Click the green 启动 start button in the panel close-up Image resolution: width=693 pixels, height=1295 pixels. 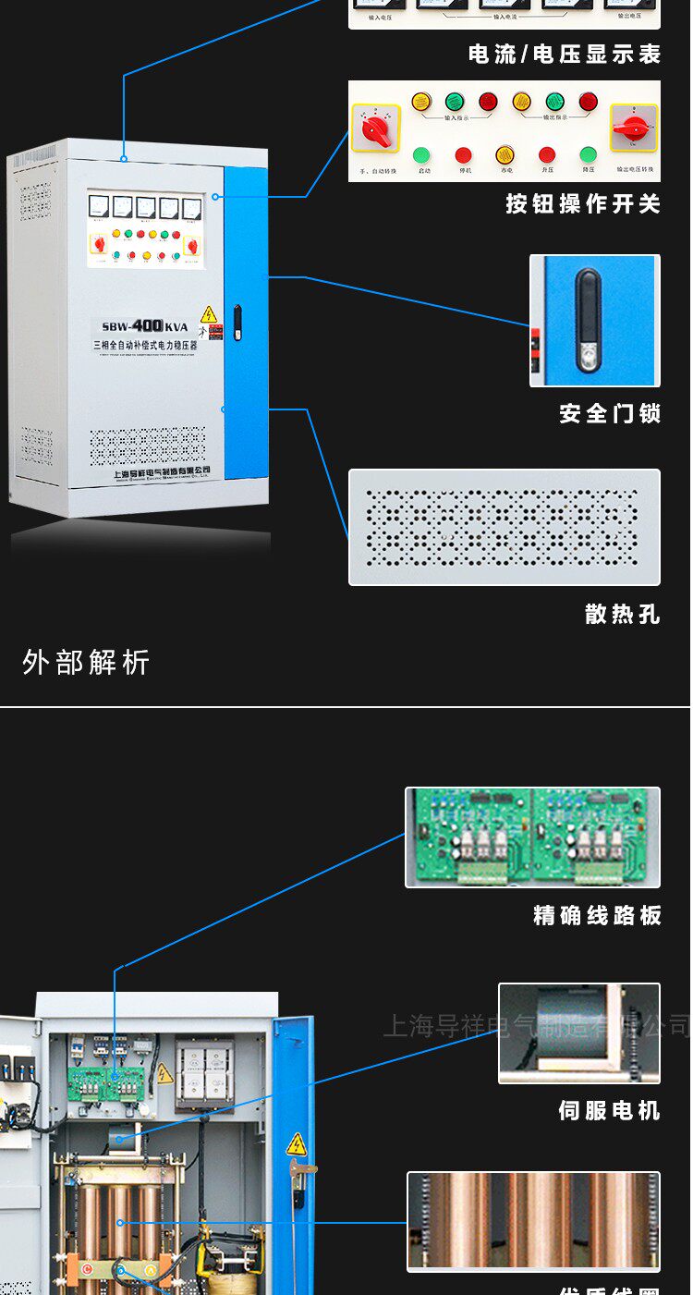point(421,155)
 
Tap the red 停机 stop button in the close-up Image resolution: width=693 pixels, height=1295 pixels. point(463,155)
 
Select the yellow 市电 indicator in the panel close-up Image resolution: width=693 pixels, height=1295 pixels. point(505,155)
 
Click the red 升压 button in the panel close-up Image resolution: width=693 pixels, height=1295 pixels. point(547,155)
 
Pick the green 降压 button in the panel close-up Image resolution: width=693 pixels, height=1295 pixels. point(589,155)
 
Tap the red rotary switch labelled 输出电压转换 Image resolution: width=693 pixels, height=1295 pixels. point(633,128)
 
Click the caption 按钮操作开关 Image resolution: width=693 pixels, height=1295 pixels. point(583,203)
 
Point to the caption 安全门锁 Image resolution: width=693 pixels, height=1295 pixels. point(610,413)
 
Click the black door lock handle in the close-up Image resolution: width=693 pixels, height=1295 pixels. point(588,320)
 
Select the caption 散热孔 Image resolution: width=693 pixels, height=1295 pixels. point(623,614)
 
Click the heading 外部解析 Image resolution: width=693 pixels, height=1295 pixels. point(86,662)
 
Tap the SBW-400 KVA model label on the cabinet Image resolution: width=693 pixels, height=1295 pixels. point(145,326)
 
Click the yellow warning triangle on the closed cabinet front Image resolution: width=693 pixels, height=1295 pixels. point(209,314)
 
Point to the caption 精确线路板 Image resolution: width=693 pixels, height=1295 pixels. point(597,915)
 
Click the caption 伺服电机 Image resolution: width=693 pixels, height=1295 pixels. point(609,1110)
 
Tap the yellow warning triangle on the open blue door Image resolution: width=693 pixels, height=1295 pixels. point(296,1145)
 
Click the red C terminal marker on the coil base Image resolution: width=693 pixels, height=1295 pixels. point(87,1268)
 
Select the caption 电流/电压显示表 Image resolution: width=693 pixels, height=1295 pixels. point(565,55)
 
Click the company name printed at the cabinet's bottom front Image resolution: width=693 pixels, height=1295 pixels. point(162,472)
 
